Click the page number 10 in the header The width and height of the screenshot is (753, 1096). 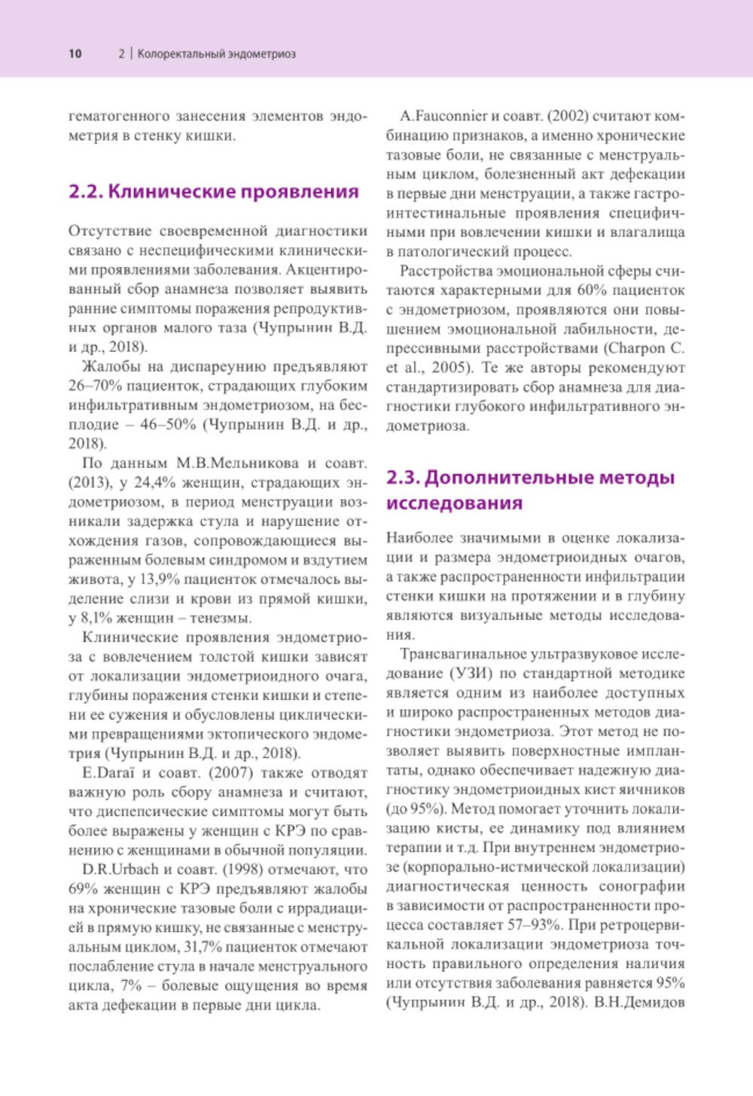pos(75,54)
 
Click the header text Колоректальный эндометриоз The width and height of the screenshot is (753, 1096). pos(217,54)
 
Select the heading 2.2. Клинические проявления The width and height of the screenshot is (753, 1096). pos(214,191)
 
